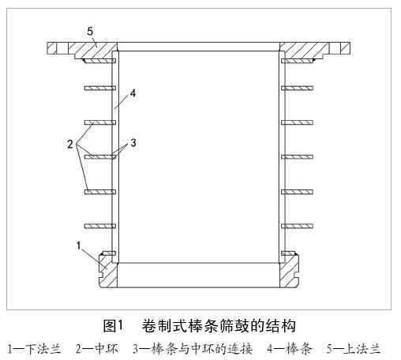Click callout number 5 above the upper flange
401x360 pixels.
(x=90, y=32)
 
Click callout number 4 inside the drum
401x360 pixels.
(x=133, y=93)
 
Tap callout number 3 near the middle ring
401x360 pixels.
(x=133, y=143)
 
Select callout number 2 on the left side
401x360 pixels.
(x=70, y=144)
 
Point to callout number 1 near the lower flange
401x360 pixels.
(x=78, y=246)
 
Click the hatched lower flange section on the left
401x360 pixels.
(x=108, y=270)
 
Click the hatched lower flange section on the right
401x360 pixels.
(x=289, y=271)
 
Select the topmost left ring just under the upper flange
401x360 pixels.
(x=99, y=61)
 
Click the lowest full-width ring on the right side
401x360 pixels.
(x=297, y=226)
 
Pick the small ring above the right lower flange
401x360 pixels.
(x=288, y=253)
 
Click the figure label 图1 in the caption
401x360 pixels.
(x=113, y=326)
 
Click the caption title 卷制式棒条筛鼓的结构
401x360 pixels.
(x=219, y=326)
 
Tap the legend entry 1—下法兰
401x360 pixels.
(x=34, y=349)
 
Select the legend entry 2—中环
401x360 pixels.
(x=97, y=349)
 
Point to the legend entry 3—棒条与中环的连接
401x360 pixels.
(x=193, y=349)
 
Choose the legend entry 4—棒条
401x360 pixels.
(x=290, y=349)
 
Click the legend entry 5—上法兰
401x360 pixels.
(x=354, y=349)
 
